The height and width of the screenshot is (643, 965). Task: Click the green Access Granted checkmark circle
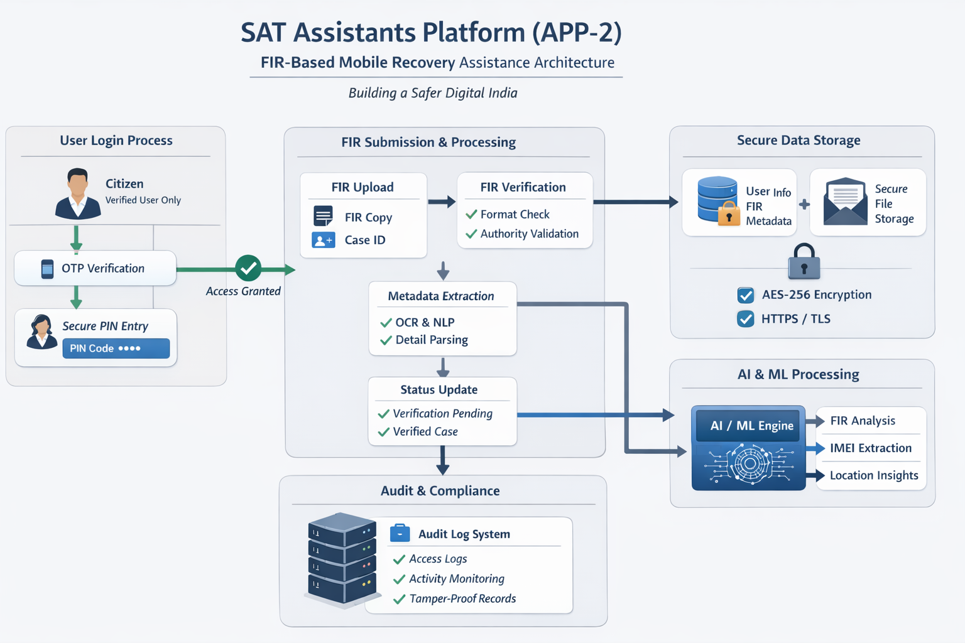pos(248,268)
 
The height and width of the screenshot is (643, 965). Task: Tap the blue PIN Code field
pos(116,349)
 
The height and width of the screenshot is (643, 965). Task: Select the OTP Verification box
pos(95,268)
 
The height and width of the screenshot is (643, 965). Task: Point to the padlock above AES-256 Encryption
pos(804,262)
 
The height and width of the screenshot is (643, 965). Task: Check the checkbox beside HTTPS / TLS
pos(746,319)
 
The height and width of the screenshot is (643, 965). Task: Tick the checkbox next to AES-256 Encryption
pos(746,295)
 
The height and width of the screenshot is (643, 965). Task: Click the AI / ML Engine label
pos(751,426)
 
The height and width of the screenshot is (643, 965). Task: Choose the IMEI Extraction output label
pos(870,448)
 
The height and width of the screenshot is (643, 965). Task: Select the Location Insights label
pos(873,475)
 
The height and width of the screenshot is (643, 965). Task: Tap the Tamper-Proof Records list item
pos(462,598)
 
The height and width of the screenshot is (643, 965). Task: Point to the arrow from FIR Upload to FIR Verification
pos(442,202)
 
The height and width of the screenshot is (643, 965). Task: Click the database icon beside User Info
pos(718,200)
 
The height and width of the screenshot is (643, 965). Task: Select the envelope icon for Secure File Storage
pos(845,202)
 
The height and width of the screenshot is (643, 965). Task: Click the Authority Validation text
pos(529,234)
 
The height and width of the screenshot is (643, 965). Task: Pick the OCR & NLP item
pos(425,322)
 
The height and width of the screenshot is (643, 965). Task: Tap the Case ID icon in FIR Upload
pos(324,240)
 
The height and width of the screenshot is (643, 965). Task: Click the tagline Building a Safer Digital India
pos(433,93)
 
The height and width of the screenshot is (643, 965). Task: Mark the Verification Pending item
pos(442,413)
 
